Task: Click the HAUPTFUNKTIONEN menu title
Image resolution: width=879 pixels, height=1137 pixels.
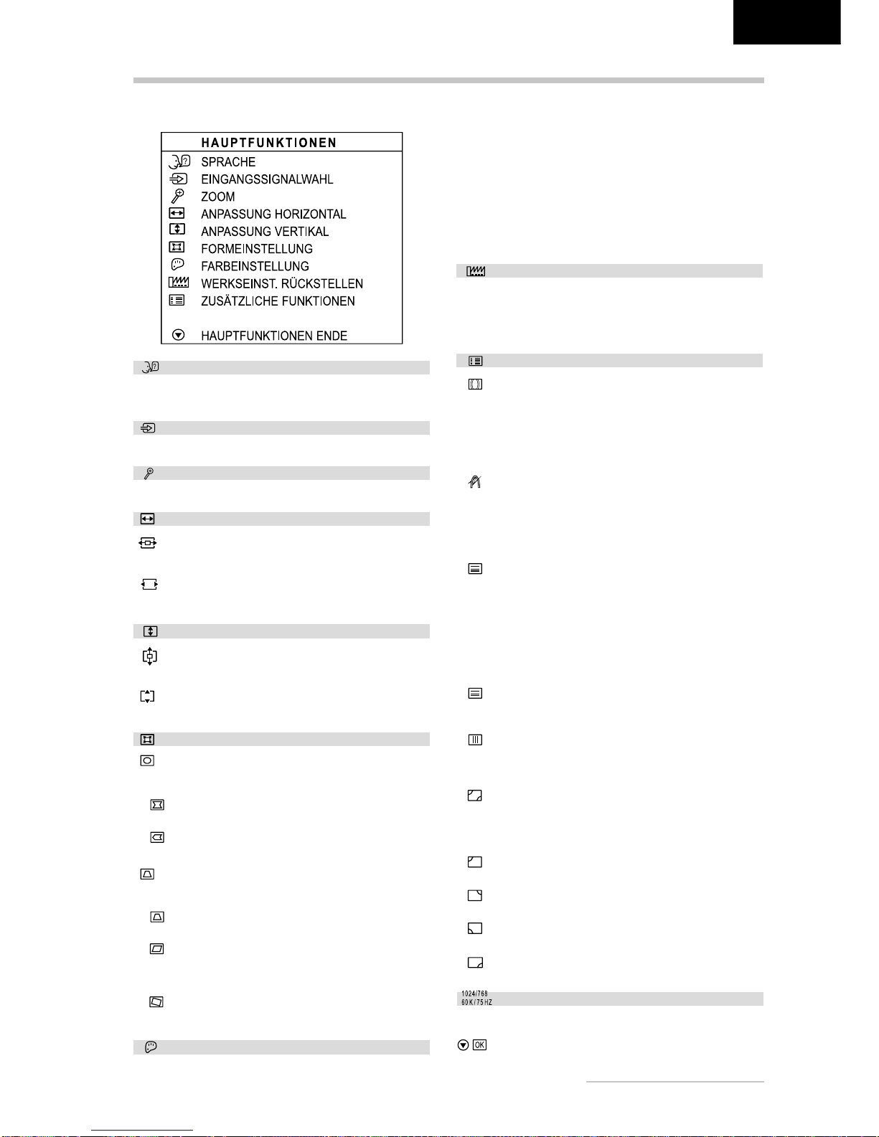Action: pyautogui.click(x=268, y=143)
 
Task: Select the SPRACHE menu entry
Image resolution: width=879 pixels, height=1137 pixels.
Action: pyautogui.click(x=228, y=162)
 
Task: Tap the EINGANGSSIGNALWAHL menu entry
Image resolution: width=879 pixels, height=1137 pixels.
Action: pyautogui.click(x=267, y=179)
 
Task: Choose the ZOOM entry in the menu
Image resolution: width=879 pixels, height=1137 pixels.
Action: pyautogui.click(x=217, y=197)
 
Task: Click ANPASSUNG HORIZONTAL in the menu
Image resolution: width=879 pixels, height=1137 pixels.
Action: pyautogui.click(x=273, y=214)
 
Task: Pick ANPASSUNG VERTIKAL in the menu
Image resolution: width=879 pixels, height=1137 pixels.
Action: pyautogui.click(x=265, y=232)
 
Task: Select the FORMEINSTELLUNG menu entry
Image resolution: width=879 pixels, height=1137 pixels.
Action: pyautogui.click(x=257, y=249)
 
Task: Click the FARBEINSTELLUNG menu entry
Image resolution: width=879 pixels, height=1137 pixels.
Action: pyautogui.click(x=255, y=266)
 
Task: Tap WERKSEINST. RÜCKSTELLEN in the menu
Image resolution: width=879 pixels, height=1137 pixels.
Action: pyautogui.click(x=282, y=284)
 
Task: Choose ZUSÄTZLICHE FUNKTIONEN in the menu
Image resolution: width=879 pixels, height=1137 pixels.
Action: pyautogui.click(x=278, y=301)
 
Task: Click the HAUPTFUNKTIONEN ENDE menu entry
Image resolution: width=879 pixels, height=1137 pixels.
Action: pyautogui.click(x=274, y=336)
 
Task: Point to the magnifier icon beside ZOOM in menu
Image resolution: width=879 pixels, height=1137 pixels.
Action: pyautogui.click(x=177, y=196)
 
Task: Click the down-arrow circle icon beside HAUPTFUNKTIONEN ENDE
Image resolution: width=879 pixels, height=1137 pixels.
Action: pyautogui.click(x=179, y=335)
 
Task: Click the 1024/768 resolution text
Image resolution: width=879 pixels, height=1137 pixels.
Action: pyautogui.click(x=474, y=994)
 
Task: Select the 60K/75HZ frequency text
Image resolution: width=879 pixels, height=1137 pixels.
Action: pyautogui.click(x=476, y=1002)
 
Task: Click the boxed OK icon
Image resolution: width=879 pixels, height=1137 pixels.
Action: pyautogui.click(x=479, y=1045)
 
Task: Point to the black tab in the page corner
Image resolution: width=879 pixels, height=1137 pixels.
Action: pyautogui.click(x=786, y=22)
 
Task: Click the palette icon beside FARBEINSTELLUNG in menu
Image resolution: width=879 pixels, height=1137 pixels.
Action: pyautogui.click(x=177, y=265)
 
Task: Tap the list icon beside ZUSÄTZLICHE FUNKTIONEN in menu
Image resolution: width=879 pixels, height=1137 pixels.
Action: pyautogui.click(x=177, y=301)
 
